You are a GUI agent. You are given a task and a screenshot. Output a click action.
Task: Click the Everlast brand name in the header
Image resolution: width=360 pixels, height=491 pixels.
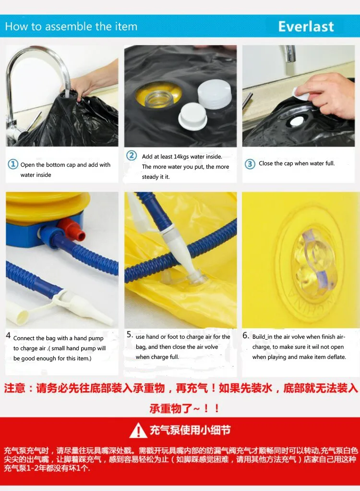click(x=306, y=26)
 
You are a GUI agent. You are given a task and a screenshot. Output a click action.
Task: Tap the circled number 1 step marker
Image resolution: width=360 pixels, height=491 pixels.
click(x=13, y=164)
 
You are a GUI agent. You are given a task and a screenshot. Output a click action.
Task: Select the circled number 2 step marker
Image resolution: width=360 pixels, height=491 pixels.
click(x=132, y=155)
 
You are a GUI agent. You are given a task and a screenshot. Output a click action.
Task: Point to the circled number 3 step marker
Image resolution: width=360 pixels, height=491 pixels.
click(x=250, y=164)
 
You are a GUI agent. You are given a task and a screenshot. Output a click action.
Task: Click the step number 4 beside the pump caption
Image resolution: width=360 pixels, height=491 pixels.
click(x=8, y=335)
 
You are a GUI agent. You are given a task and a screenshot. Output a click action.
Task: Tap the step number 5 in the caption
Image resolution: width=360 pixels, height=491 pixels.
click(x=130, y=334)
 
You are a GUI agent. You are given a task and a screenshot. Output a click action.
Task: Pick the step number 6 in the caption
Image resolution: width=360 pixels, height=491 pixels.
click(x=246, y=335)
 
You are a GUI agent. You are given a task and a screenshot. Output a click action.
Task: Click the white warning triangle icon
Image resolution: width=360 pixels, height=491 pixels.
click(x=138, y=430)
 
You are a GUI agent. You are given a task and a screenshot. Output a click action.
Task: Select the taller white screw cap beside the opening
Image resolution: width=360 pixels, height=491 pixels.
click(x=215, y=94)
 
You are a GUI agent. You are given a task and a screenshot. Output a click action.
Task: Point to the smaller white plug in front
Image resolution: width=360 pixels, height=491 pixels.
click(x=192, y=116)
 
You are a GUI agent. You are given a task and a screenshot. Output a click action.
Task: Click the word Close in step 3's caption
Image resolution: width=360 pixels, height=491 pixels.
click(x=266, y=163)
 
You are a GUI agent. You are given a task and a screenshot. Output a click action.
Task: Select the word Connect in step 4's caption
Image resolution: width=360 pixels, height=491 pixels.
click(x=24, y=338)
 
